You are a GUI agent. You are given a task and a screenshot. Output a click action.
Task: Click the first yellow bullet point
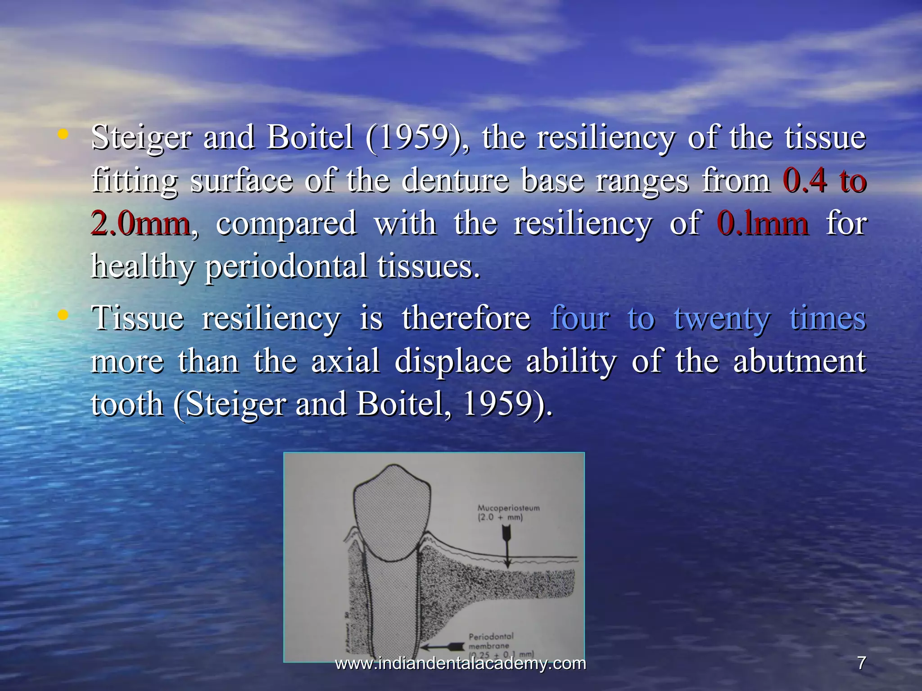click(63, 134)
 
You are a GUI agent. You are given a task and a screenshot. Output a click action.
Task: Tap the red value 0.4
click(804, 181)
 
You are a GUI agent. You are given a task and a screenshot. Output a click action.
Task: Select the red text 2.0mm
click(140, 224)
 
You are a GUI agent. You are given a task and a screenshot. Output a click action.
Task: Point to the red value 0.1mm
click(762, 224)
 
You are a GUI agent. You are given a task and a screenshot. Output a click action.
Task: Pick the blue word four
click(580, 319)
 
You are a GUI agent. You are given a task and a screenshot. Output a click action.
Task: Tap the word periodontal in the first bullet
click(286, 266)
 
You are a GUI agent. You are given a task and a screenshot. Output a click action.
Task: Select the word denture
click(455, 181)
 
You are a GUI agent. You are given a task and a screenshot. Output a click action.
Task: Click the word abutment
click(799, 361)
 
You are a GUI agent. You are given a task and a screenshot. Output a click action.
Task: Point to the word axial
click(345, 361)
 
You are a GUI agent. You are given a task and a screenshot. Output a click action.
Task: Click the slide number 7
click(861, 663)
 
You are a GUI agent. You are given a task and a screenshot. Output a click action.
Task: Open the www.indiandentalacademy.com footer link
click(461, 663)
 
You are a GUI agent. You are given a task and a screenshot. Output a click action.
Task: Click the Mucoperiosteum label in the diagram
click(508, 508)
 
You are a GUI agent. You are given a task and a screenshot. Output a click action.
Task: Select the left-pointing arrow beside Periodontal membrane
click(443, 647)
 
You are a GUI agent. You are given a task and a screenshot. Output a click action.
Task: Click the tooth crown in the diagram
click(391, 513)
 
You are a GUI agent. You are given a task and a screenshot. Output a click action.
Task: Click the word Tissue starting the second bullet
click(138, 319)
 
